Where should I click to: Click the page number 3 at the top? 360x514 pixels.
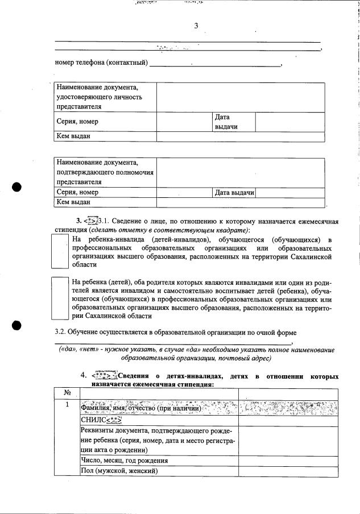196,26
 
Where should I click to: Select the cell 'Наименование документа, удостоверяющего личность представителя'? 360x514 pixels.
105,97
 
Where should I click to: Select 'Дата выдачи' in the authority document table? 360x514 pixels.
234,193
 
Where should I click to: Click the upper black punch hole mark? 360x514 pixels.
18,188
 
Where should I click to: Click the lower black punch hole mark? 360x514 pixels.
18,325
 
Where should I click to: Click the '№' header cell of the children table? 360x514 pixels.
67,392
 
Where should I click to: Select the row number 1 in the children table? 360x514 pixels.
67,405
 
